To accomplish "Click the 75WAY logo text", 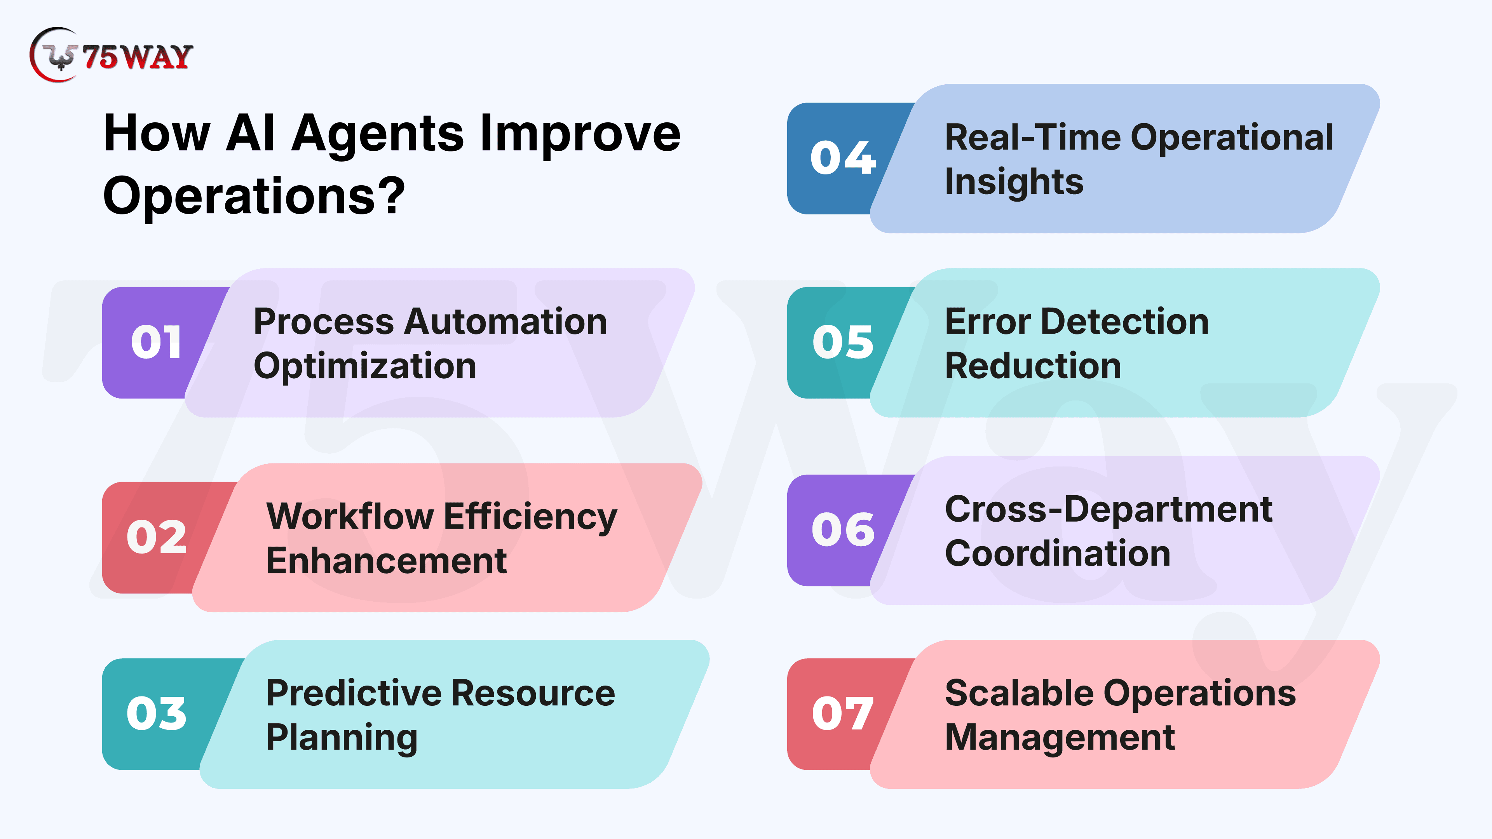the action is tap(137, 57).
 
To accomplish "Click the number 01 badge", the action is tap(156, 342).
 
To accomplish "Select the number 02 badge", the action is tap(156, 537).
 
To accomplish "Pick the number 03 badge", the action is tap(156, 714).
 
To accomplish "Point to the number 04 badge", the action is tap(843, 158).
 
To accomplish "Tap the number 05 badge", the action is tap(843, 342).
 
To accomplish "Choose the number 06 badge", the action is tap(843, 530).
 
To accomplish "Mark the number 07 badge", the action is tap(843, 714).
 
